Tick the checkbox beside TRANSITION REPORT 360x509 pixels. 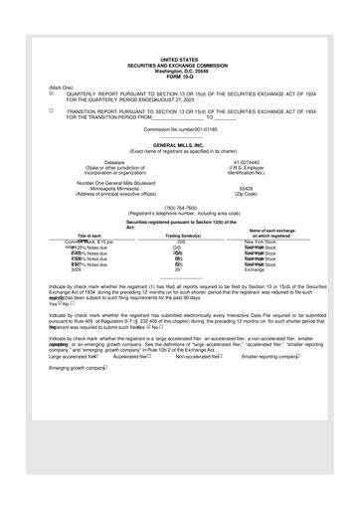(53, 111)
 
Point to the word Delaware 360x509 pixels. (115, 161)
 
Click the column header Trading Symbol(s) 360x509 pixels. (180, 235)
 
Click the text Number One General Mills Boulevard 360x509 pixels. (115, 182)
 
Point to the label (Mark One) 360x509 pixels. (61, 86)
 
